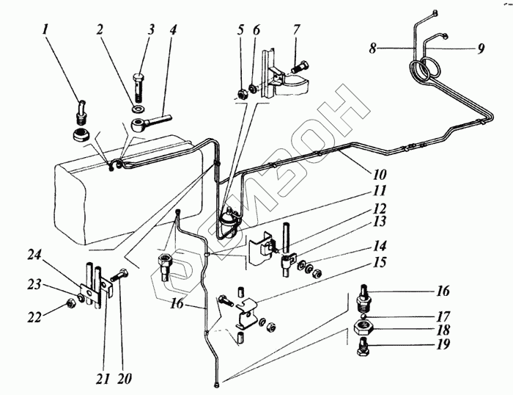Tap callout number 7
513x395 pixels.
click(298, 32)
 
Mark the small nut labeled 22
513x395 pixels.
click(70, 300)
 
